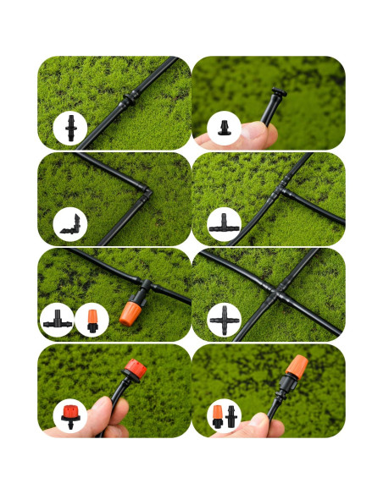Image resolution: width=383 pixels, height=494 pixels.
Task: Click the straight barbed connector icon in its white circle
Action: click(x=70, y=129)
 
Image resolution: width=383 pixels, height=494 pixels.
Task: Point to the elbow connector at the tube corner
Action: click(x=146, y=192)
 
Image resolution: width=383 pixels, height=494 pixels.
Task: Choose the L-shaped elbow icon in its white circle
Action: click(x=70, y=225)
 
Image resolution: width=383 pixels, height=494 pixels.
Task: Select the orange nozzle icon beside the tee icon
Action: click(x=92, y=321)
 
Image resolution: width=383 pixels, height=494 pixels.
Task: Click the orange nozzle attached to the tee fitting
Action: click(x=129, y=313)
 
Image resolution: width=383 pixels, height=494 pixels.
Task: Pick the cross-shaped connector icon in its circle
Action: click(x=225, y=321)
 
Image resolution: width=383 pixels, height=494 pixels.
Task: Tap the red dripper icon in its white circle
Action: click(x=70, y=416)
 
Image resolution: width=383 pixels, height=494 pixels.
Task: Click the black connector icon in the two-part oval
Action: click(x=232, y=416)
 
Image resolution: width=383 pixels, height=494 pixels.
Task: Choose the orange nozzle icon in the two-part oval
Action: click(x=218, y=416)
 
